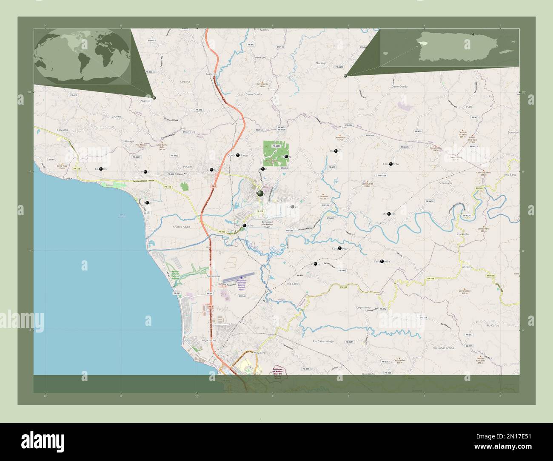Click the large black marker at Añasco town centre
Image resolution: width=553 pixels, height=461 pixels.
(260, 193)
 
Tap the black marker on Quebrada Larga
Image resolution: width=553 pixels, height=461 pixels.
(238, 155)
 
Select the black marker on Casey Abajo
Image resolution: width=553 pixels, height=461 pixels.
(339, 248)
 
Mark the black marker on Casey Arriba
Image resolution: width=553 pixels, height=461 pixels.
(382, 261)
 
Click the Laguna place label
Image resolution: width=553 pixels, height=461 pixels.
(185, 81)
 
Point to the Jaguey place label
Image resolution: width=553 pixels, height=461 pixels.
(117, 116)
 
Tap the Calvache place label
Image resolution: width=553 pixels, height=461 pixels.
(64, 130)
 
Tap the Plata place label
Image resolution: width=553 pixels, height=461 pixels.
(469, 107)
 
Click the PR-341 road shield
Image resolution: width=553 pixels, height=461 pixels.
(177, 293)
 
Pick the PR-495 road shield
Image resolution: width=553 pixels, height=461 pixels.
(349, 125)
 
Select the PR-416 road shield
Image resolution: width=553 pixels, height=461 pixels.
(199, 110)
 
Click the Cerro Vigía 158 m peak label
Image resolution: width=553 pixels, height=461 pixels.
(63, 167)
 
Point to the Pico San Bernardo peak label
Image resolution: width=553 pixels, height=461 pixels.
(481, 361)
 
